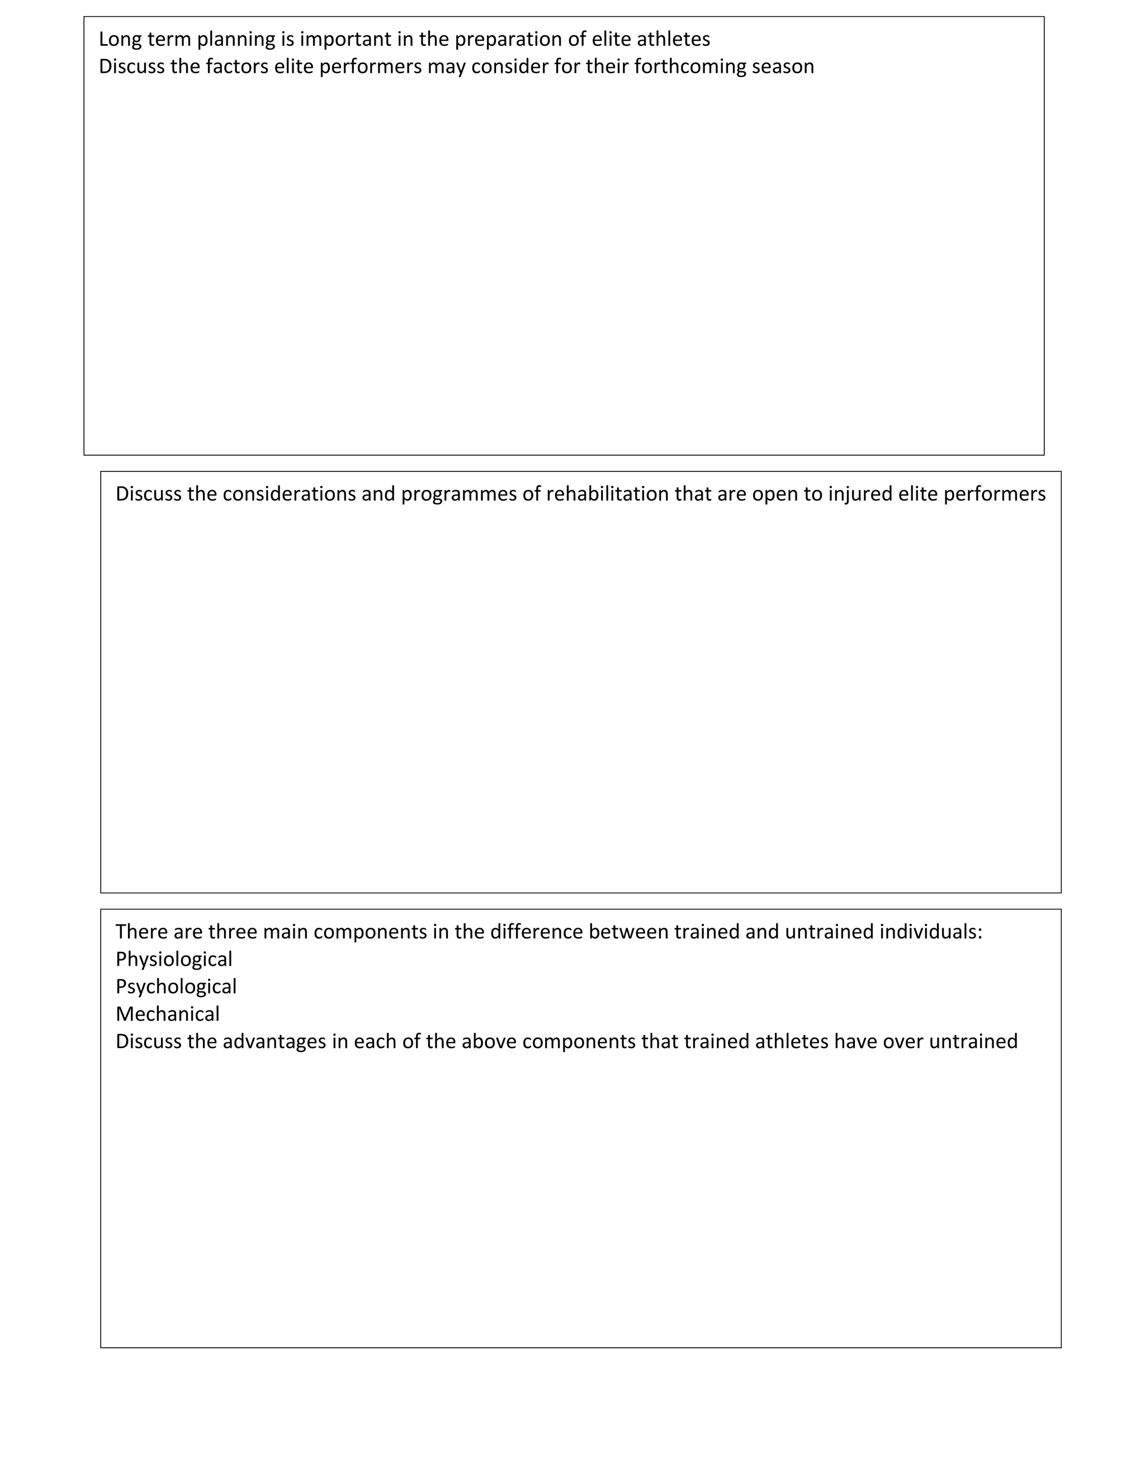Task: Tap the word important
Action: point(346,39)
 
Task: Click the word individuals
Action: point(931,932)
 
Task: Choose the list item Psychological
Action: point(176,987)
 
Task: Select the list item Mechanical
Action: point(168,1014)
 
